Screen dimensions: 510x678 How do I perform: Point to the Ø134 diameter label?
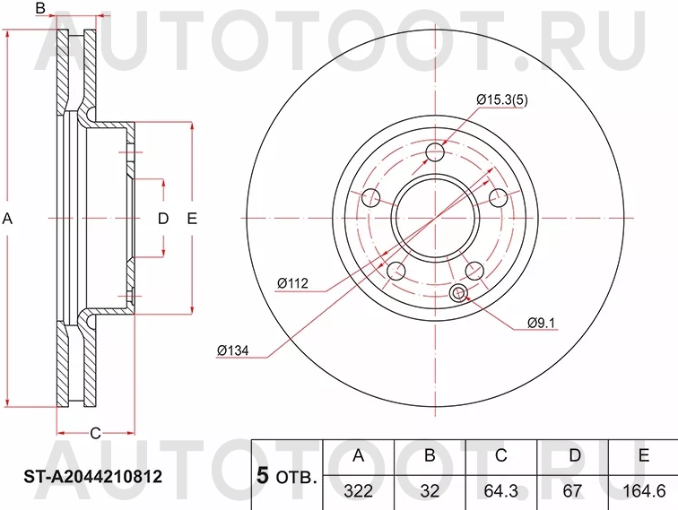coord(232,350)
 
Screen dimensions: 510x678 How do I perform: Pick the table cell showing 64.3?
coord(500,488)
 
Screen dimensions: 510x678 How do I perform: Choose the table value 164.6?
coord(643,488)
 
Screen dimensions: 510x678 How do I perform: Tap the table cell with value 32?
coord(429,488)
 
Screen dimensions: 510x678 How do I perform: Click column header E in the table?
coord(643,455)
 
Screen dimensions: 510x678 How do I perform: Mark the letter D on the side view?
coord(163,219)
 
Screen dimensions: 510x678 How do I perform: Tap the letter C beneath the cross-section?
coord(94,433)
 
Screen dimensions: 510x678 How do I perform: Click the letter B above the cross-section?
coord(39,9)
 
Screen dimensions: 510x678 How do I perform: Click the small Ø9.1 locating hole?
coord(460,292)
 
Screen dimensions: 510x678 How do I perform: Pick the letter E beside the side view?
coord(192,219)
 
